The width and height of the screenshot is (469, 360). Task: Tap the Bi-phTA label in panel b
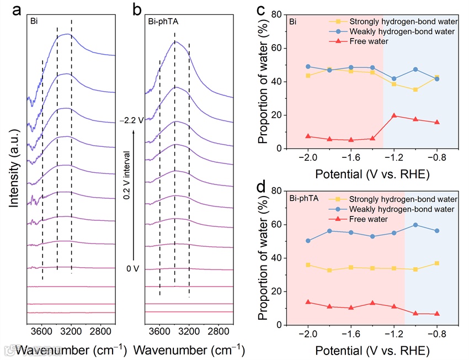tap(160, 23)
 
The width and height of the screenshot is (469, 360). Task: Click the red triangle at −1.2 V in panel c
tap(394, 115)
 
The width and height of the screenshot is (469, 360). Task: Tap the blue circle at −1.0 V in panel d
tap(415, 225)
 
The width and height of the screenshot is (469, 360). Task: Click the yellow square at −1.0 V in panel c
tap(415, 89)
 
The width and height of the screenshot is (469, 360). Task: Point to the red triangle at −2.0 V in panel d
tap(308, 302)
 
